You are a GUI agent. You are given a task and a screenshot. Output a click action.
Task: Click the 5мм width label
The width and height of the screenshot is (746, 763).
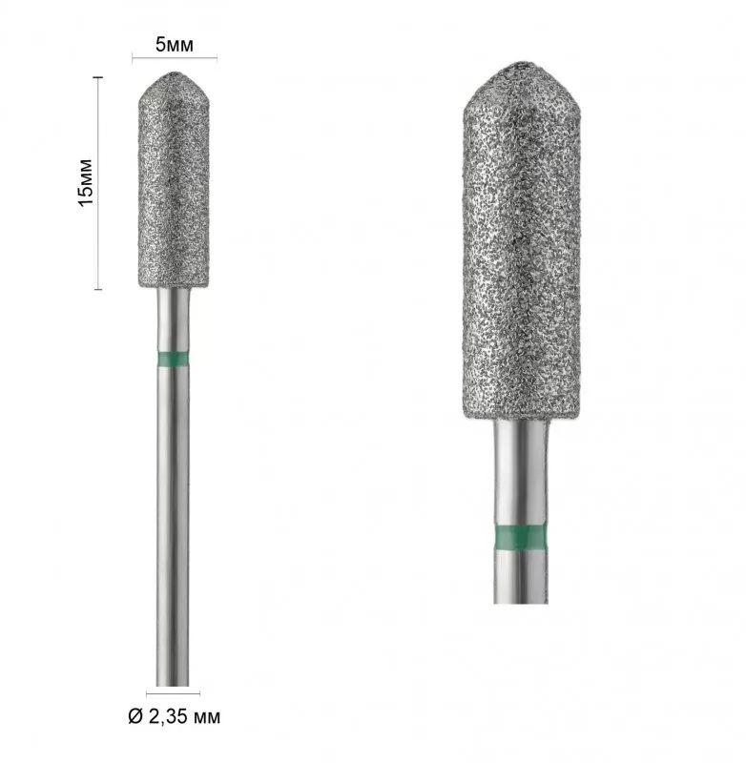tap(175, 45)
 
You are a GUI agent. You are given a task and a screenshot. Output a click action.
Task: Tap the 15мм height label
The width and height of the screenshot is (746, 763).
tap(85, 182)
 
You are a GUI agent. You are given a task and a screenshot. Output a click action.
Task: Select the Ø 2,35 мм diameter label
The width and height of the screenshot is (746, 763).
tap(175, 716)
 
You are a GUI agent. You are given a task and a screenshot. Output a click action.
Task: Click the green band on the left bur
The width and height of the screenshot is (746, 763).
tap(174, 360)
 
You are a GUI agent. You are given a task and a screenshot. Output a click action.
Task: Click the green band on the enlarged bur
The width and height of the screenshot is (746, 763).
tap(520, 538)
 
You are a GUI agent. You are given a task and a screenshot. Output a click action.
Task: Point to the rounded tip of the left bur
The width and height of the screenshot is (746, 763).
tap(174, 74)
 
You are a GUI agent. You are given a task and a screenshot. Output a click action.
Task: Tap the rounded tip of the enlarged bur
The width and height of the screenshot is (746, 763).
tap(522, 65)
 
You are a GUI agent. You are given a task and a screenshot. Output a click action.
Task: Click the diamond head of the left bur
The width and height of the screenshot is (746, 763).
tap(174, 180)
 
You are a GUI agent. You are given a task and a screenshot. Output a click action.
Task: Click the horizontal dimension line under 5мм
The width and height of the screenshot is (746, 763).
tap(175, 58)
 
